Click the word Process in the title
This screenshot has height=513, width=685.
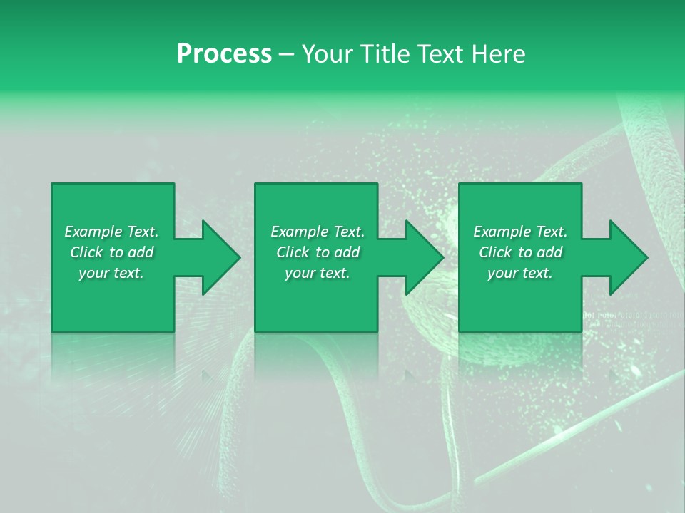point(224,53)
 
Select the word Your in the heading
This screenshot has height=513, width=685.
point(327,53)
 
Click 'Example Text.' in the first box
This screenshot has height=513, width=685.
point(111,232)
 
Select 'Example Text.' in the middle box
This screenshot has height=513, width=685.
point(318,232)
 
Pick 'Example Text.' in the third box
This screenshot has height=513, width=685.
point(520,232)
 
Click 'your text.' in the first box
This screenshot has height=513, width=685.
point(111,273)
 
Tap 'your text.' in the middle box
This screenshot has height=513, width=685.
point(318,273)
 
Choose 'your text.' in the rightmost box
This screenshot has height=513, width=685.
point(520,273)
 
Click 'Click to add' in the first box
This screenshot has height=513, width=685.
point(111,252)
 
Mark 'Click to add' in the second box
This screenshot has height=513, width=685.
point(318,252)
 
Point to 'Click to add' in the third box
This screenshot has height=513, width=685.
point(520,252)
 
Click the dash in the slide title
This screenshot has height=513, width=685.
point(287,54)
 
